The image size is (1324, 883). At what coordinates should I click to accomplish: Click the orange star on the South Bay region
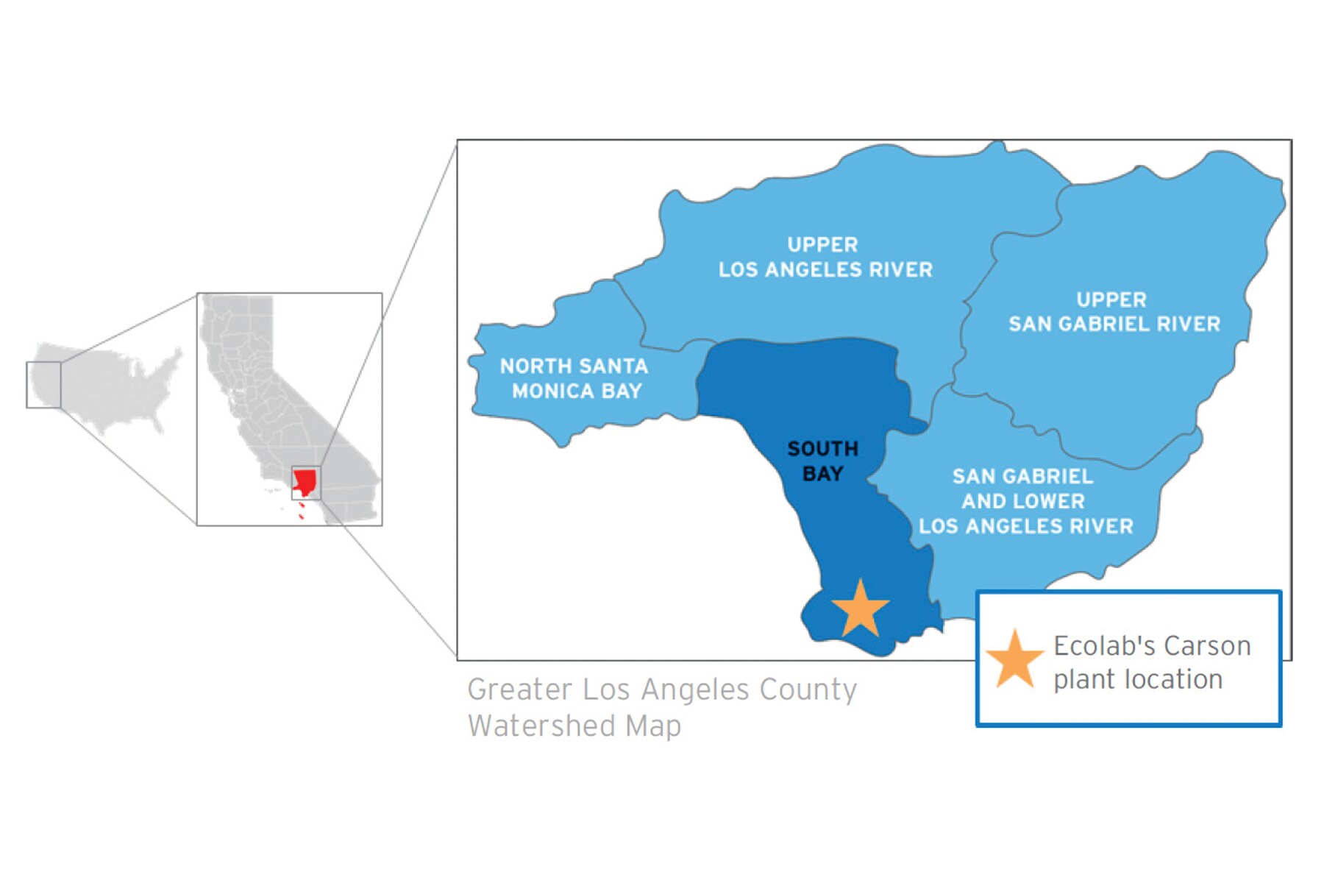pyautogui.click(x=860, y=609)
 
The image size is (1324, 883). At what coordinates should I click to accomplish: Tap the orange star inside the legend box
pyautogui.click(x=1015, y=660)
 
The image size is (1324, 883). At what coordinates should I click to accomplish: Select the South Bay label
pyautogui.click(x=822, y=461)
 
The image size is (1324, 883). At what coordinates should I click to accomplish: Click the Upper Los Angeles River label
pyautogui.click(x=825, y=257)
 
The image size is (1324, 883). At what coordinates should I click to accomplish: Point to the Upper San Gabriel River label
pyautogui.click(x=1114, y=311)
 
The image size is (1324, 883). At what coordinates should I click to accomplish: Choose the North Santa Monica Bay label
pyautogui.click(x=574, y=378)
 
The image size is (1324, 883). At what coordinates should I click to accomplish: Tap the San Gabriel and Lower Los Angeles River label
pyautogui.click(x=1025, y=501)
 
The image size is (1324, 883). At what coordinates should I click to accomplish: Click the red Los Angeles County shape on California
pyautogui.click(x=305, y=482)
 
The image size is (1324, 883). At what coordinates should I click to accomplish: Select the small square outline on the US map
pyautogui.click(x=43, y=385)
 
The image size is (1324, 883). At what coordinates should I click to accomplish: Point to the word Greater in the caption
pyautogui.click(x=519, y=689)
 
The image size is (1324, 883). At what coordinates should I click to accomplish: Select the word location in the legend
pyautogui.click(x=1177, y=679)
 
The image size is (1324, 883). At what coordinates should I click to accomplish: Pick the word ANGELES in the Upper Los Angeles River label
pyautogui.click(x=814, y=269)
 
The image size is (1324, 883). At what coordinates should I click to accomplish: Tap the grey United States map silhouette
pyautogui.click(x=118, y=386)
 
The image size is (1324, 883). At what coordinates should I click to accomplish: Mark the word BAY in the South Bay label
pyautogui.click(x=822, y=474)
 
